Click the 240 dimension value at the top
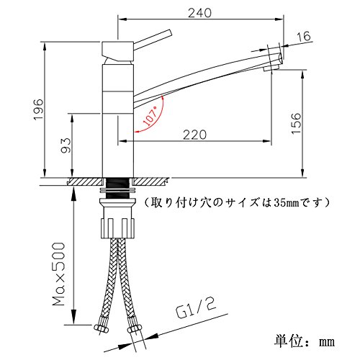(199, 13)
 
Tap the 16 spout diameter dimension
(304, 36)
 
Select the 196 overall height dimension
(38, 109)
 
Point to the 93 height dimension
(66, 145)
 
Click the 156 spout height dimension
(296, 123)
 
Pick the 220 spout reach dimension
(194, 135)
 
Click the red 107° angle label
(150, 116)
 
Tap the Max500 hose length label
(59, 274)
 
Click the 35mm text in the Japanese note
(287, 203)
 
